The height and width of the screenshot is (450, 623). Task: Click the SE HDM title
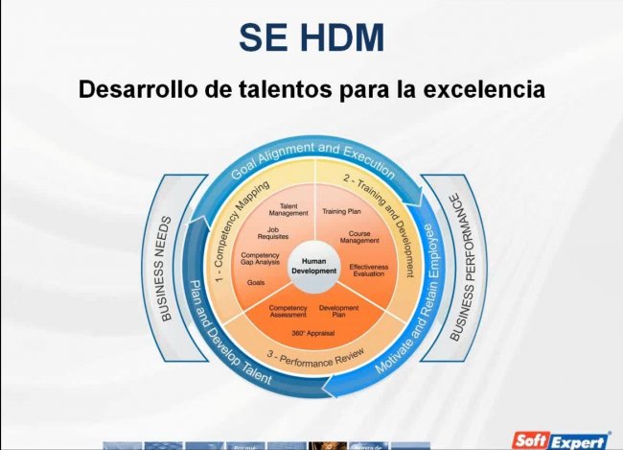[311, 37]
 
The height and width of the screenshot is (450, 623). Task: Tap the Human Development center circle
[313, 266]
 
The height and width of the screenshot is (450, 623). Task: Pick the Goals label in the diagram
[256, 283]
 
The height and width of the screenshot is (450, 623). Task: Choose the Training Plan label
[341, 210]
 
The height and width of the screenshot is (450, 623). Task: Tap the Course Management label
[360, 238]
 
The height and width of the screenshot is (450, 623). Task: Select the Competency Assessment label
[288, 311]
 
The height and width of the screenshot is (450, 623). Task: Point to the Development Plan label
[338, 311]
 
